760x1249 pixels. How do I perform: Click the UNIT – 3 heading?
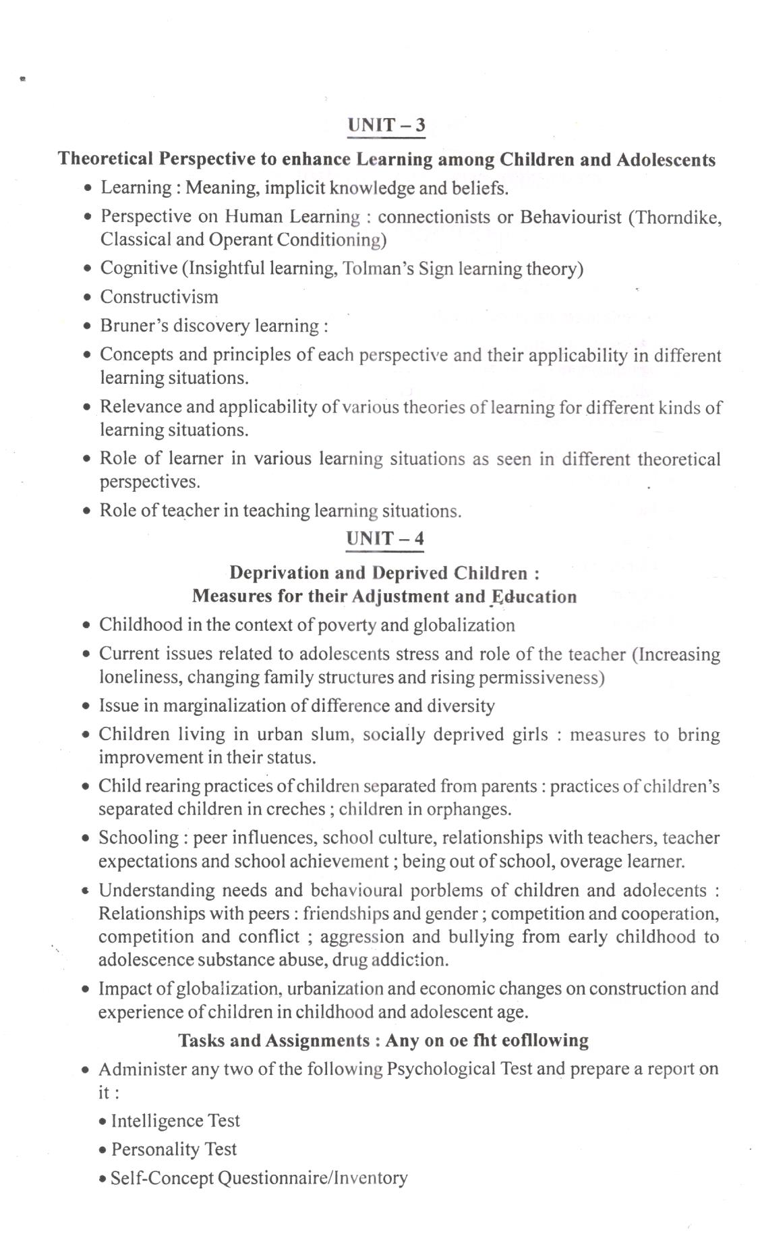[x=386, y=126]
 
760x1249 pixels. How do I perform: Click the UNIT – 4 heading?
[x=385, y=538]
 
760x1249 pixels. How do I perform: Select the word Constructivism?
[x=159, y=297]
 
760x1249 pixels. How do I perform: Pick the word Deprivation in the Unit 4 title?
[x=279, y=573]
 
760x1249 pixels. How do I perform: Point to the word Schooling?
[x=139, y=838]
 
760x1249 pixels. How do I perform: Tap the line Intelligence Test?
[x=175, y=1121]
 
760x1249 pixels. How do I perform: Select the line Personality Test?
[x=174, y=1149]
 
